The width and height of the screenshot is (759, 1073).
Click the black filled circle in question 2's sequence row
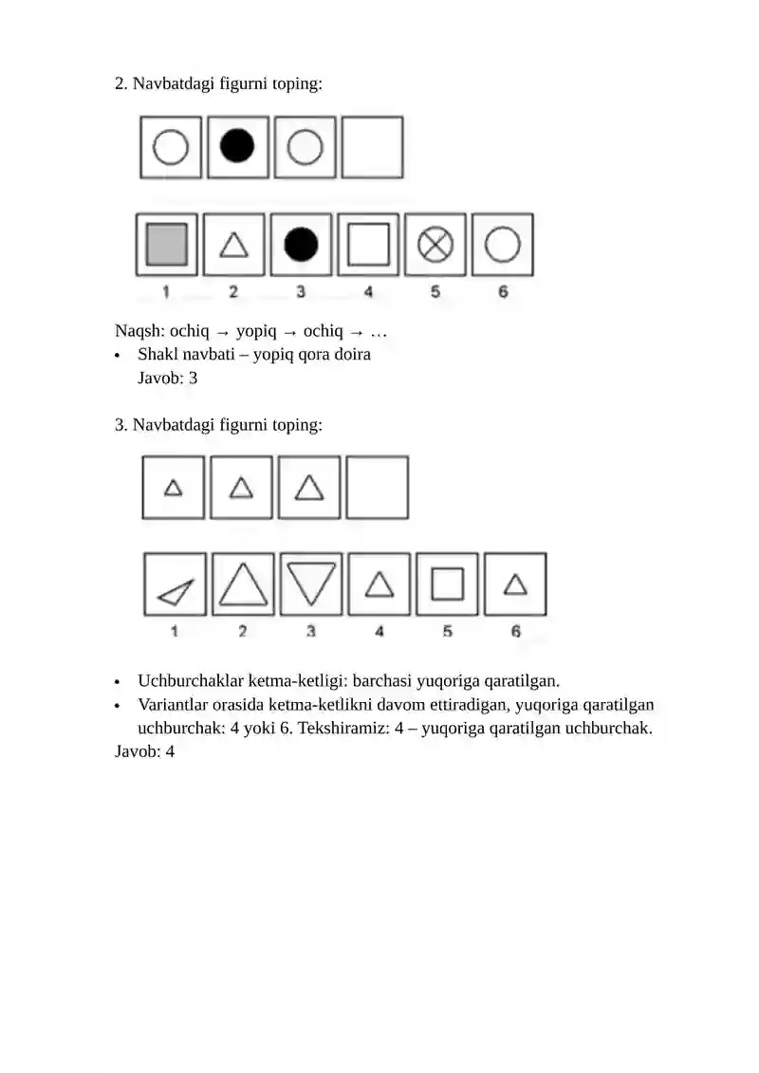coord(237,147)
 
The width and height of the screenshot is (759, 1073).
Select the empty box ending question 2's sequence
coord(372,147)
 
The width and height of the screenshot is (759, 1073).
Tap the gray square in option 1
coord(167,245)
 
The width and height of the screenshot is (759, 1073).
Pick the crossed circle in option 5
coord(435,245)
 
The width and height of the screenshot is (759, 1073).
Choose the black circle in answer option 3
coord(301,245)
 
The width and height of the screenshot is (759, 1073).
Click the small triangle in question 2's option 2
coord(233,246)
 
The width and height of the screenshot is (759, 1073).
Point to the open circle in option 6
coord(502,245)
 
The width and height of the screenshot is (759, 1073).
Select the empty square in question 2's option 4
coord(368,245)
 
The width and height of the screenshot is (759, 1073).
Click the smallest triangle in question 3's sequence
coord(173,488)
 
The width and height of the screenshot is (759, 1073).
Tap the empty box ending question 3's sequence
coord(377,488)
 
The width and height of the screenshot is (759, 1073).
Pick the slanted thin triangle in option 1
coord(176,593)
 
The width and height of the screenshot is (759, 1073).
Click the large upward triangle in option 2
coord(243,584)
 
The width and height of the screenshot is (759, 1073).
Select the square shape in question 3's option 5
coord(447,584)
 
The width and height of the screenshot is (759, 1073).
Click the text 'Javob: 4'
coord(145,751)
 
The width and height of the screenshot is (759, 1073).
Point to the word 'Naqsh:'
coord(139,330)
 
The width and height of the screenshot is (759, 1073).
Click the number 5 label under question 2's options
coord(435,291)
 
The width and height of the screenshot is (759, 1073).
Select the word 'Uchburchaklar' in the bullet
coord(191,681)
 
